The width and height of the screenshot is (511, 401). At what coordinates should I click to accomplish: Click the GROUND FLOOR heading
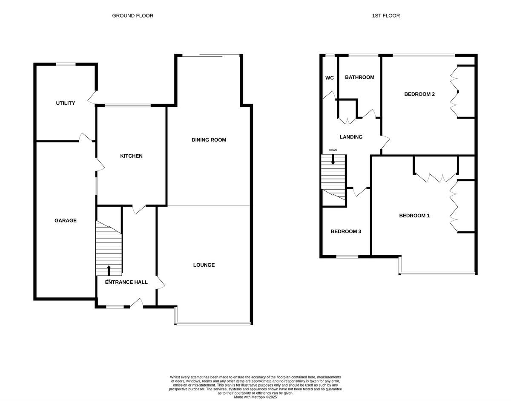[x=132, y=16]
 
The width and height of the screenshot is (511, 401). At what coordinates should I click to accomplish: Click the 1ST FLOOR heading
[x=386, y=16]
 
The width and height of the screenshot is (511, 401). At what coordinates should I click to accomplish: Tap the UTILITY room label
[x=66, y=103]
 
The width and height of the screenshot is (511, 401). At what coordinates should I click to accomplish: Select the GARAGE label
[x=66, y=220]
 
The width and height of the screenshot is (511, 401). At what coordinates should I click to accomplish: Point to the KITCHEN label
[x=131, y=156]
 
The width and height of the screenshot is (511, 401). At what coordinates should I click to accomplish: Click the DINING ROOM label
[x=209, y=140]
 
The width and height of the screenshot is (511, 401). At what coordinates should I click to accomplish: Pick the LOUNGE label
[x=204, y=265]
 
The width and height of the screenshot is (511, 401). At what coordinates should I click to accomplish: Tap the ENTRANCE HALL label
[x=126, y=282]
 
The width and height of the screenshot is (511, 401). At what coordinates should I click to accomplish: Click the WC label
[x=329, y=78]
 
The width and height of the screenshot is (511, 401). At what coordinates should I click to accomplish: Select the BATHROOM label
[x=359, y=77]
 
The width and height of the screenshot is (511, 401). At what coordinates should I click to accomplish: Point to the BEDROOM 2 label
[x=419, y=94]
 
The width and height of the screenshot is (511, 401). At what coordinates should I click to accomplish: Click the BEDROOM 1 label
[x=414, y=216]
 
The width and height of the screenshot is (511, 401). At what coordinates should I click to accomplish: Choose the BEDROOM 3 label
[x=346, y=231]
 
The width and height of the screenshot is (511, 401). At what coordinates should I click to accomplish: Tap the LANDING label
[x=351, y=137]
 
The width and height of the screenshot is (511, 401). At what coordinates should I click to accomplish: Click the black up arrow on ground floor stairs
[x=109, y=270]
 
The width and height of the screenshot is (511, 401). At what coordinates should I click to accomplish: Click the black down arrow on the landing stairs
[x=333, y=159]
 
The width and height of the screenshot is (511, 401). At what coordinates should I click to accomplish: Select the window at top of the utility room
[x=66, y=64]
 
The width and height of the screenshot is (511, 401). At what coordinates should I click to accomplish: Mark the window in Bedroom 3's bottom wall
[x=347, y=257]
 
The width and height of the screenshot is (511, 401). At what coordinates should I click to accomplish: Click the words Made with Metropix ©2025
[x=255, y=397]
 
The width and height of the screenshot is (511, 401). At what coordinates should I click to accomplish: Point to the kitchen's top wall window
[x=127, y=105]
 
